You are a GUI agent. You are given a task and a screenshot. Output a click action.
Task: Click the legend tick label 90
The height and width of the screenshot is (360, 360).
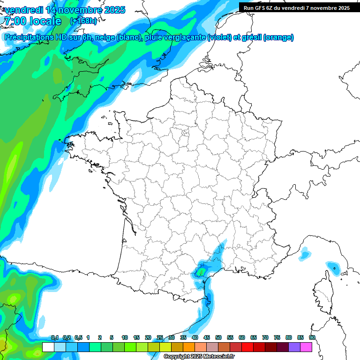point(312,337)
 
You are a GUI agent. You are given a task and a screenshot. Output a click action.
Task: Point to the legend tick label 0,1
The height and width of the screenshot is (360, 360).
point(54,337)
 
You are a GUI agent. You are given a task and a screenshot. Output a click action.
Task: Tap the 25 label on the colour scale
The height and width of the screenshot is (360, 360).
point(160,337)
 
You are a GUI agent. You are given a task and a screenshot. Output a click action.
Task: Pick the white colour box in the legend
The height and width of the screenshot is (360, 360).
point(48,347)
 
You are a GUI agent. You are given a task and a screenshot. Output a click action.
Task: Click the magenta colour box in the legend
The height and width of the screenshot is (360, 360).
point(306,347)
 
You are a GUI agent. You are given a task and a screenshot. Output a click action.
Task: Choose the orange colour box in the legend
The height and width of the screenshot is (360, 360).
point(189,347)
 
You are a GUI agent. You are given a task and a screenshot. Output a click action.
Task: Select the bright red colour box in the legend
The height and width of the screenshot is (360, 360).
point(247,347)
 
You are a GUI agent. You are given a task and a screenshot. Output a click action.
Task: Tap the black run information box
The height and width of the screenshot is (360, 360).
point(299,7)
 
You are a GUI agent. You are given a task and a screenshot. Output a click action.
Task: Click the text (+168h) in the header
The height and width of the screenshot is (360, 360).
point(83,21)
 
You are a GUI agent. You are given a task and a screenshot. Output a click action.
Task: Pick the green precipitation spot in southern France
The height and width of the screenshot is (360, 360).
point(202,271)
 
